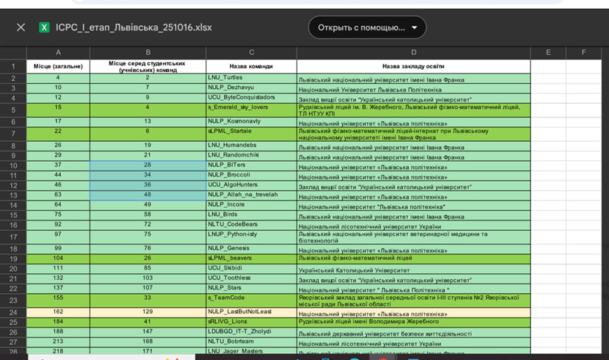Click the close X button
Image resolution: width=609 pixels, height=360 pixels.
coord(21,27)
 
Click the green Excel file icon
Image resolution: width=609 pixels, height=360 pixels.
coord(45,27)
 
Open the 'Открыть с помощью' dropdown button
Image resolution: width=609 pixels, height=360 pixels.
coord(367,27)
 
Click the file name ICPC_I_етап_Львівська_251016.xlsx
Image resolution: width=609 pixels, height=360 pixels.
coord(134,27)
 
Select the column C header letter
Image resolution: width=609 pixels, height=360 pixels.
coord(251,53)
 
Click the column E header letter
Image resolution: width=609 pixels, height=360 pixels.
coord(547,53)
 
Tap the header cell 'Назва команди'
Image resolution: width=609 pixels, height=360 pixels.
coord(251,66)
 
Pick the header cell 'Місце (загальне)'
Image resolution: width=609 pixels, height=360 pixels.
coord(58,66)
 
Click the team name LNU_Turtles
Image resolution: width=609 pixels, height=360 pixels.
coord(226,78)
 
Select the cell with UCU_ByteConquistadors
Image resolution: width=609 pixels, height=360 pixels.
coord(242,97)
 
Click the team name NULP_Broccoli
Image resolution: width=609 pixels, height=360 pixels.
coord(229,175)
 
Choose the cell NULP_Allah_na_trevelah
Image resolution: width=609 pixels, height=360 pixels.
coord(243,194)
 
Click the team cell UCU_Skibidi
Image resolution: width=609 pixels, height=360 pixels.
coord(226,268)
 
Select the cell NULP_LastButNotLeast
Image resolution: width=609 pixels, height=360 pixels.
coord(240,312)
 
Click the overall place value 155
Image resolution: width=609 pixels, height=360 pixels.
coord(58,297)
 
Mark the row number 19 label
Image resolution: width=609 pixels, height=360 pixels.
coord(13,258)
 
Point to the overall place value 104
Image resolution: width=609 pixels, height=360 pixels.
coord(58,258)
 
